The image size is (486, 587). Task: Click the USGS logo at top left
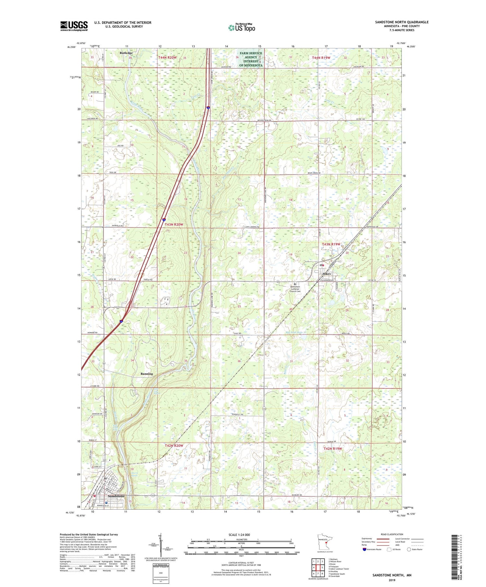point(74,26)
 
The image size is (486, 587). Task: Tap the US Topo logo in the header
point(241,28)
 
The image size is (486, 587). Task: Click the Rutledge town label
point(126,52)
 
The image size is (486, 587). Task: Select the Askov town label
point(326,274)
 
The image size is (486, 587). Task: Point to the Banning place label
point(147,374)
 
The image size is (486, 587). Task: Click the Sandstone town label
point(116,496)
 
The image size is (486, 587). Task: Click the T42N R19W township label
point(333,449)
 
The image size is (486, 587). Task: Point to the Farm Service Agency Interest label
point(251,59)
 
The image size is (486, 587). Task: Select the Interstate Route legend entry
point(371,549)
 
